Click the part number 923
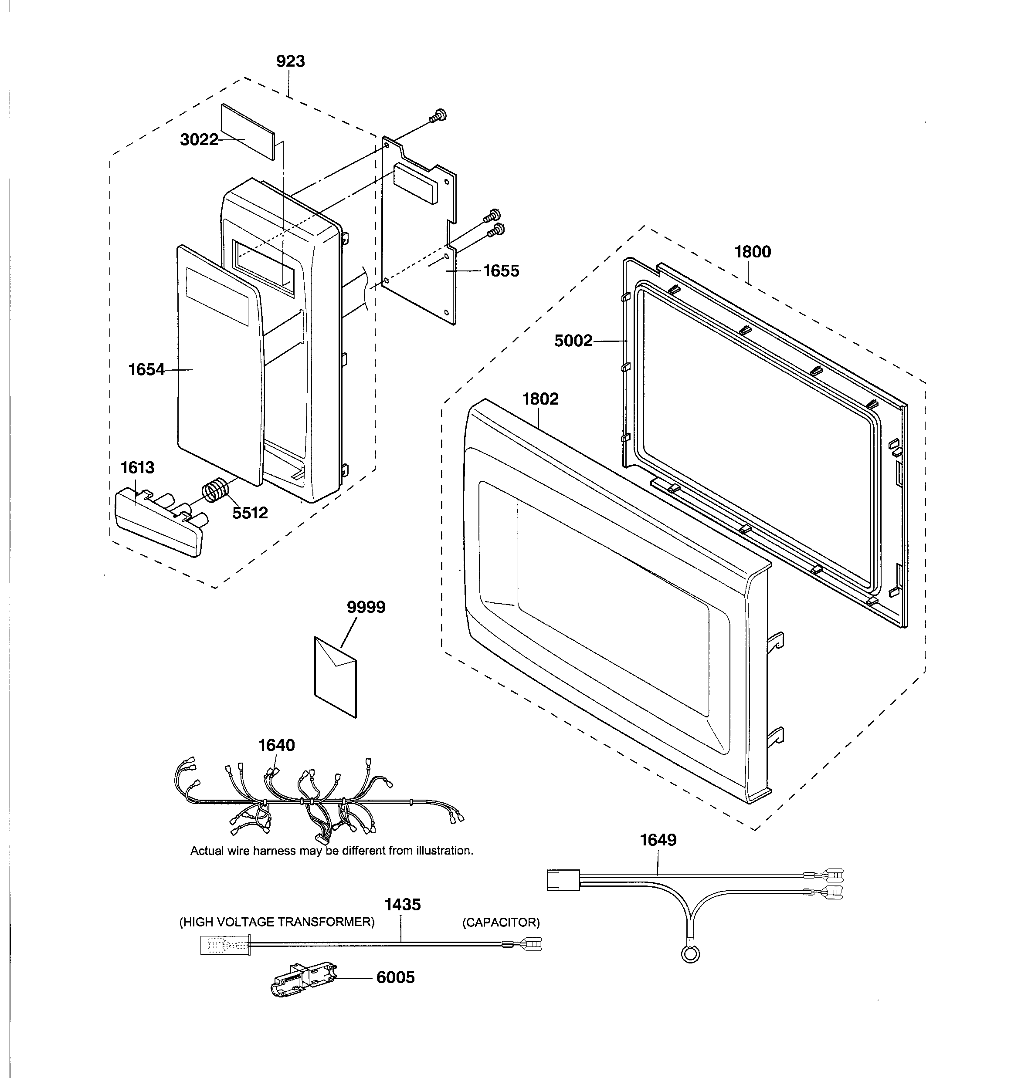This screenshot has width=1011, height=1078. tap(290, 61)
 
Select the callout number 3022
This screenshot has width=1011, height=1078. tap(199, 140)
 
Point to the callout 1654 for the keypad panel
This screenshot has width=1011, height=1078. tap(146, 370)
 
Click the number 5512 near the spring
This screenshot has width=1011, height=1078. tap(250, 513)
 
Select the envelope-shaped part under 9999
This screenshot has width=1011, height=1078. tap(336, 677)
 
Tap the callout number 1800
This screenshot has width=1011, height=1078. tap(752, 252)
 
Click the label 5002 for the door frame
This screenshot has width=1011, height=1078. tap(573, 341)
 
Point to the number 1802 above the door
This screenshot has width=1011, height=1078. tap(540, 399)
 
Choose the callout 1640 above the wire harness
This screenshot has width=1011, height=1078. tap(276, 746)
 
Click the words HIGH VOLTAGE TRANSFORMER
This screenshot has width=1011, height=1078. tap(277, 922)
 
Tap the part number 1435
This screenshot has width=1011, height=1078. tap(402, 905)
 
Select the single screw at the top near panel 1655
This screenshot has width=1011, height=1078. tap(438, 115)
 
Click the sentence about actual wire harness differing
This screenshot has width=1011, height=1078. tap(332, 851)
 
